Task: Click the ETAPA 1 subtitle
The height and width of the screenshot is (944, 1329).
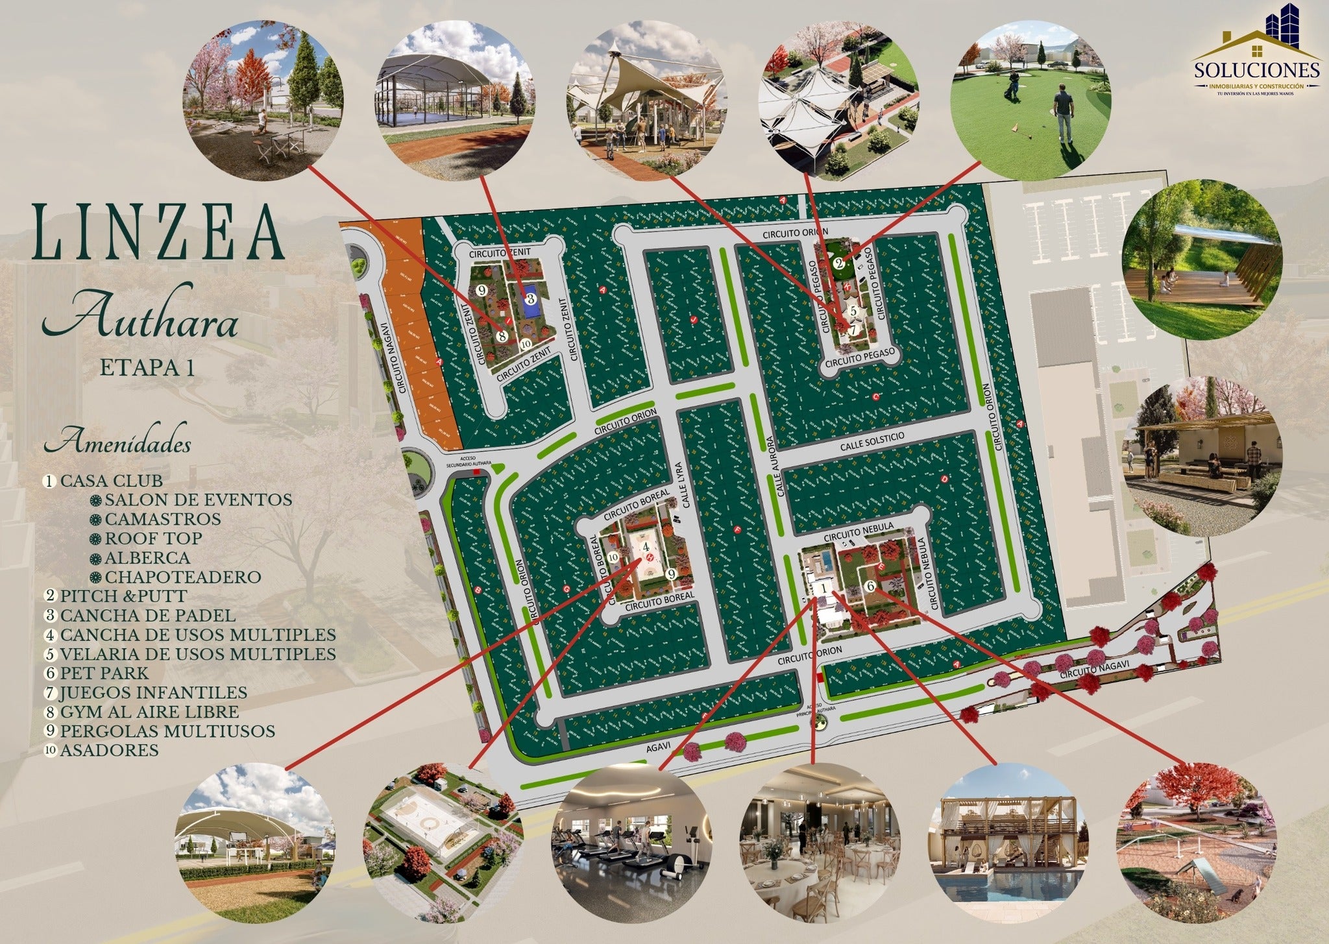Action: (147, 368)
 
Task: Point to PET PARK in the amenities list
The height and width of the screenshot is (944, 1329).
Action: (104, 673)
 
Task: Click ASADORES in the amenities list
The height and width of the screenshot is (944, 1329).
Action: (109, 750)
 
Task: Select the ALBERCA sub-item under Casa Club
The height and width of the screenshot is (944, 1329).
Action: (147, 558)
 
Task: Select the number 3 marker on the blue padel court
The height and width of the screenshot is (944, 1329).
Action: (530, 298)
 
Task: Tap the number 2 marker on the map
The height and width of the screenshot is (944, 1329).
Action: (838, 263)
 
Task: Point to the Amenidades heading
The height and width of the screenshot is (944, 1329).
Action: (117, 445)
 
